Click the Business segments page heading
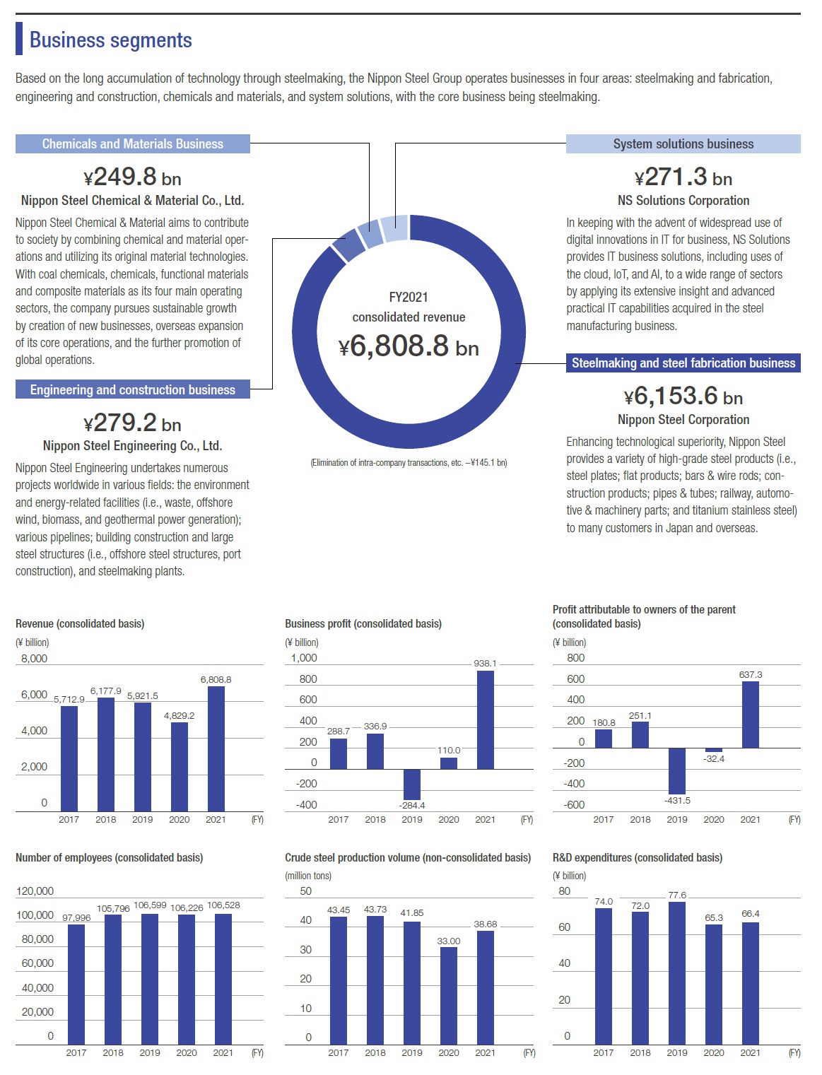coord(110,40)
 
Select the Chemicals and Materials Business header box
coord(132,144)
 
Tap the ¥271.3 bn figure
coord(683,177)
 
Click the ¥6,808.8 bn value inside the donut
coord(409,346)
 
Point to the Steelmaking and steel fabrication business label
coord(683,363)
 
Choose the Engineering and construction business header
coord(132,390)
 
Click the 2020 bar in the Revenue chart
coord(180,767)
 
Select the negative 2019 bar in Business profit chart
coord(412,785)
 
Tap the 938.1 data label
coord(485,664)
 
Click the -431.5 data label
coord(677,800)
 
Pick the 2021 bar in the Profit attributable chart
coord(751,715)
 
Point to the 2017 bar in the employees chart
coord(76,985)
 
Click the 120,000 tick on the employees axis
coord(35,891)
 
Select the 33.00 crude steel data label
coord(449,941)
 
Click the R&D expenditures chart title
coord(637,858)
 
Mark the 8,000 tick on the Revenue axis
coord(34,659)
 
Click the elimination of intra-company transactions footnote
coord(409,463)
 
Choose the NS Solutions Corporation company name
coord(683,201)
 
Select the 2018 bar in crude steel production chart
coord(375,980)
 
